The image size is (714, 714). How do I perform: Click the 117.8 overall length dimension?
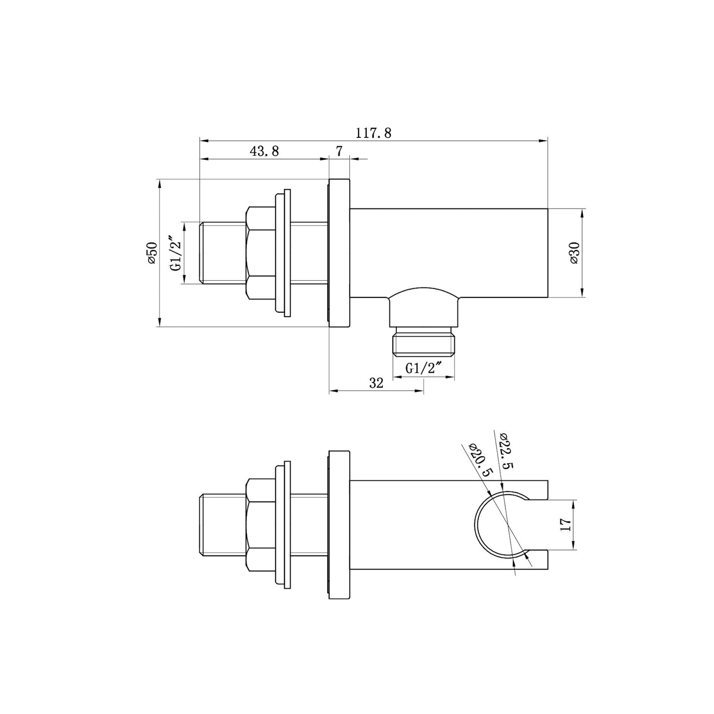tap(373, 133)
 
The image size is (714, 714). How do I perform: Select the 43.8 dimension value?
tap(264, 151)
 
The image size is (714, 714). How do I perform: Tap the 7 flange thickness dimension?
tap(339, 151)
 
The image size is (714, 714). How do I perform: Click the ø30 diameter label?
tap(574, 252)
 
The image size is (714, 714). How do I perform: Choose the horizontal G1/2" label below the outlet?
tap(423, 368)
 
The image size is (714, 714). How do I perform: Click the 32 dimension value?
tap(376, 383)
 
